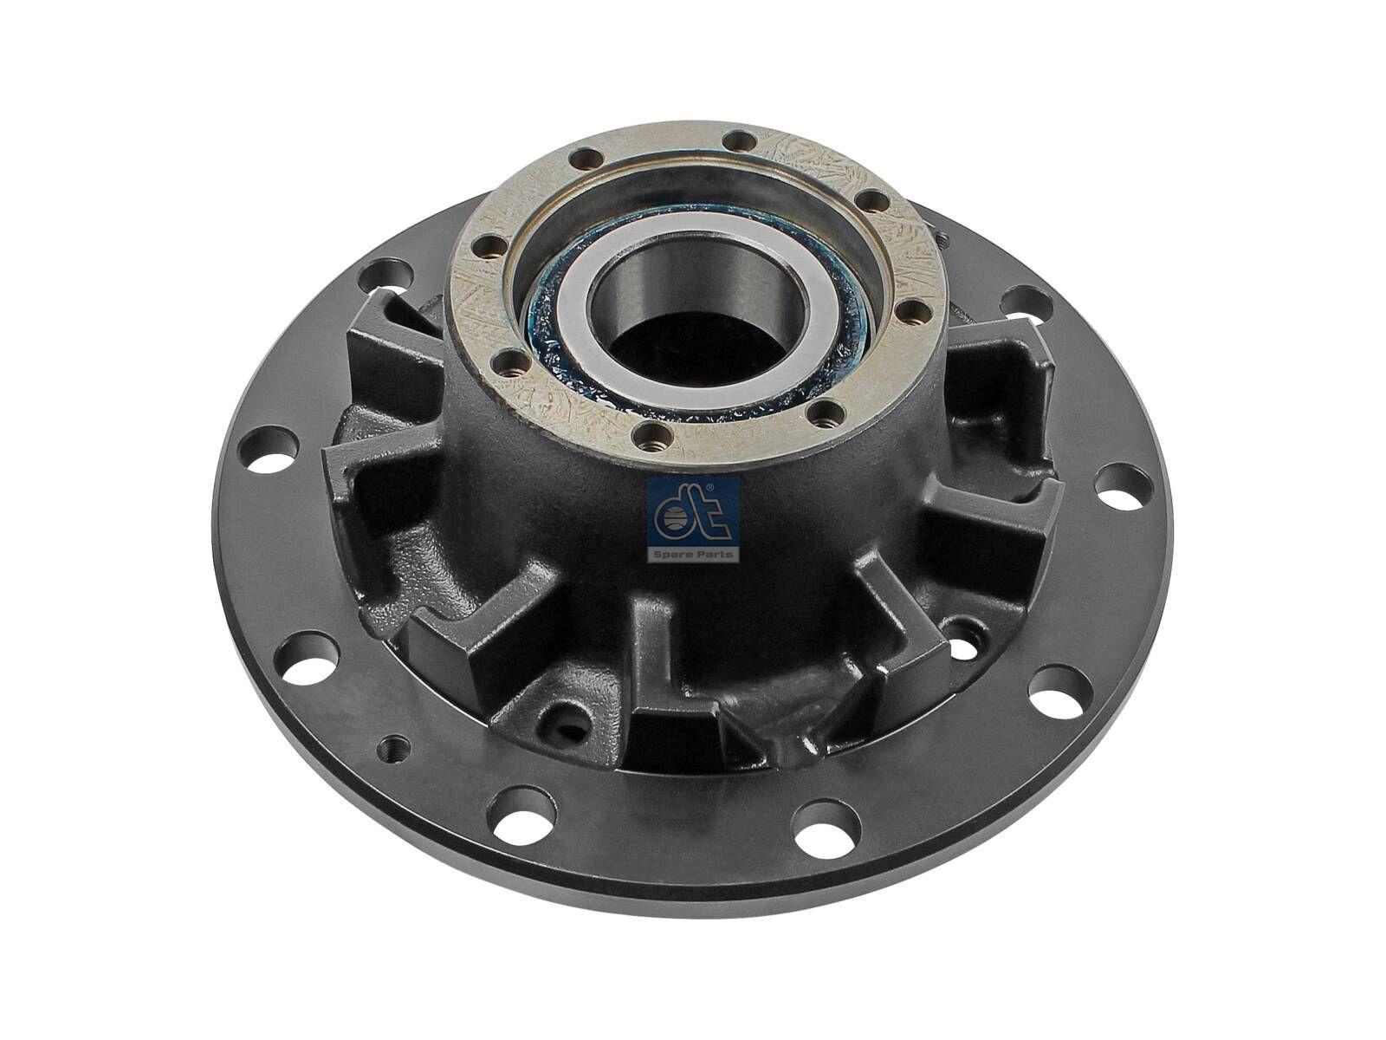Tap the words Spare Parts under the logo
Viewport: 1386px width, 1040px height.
click(693, 554)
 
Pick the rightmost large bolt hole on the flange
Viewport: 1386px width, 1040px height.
click(1124, 487)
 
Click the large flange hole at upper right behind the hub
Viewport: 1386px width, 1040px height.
click(1027, 304)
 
